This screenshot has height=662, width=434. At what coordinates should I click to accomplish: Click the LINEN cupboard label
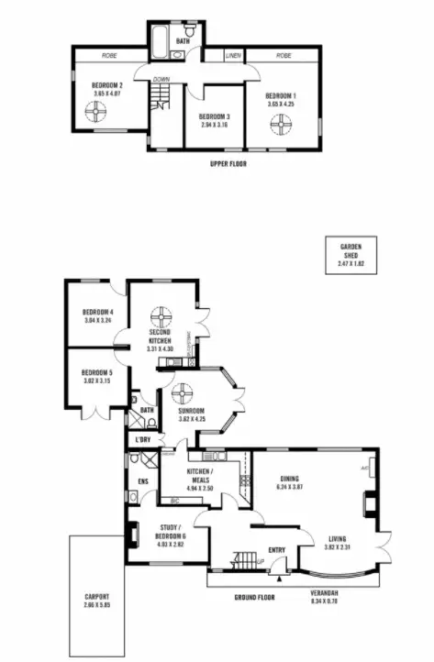[233, 56]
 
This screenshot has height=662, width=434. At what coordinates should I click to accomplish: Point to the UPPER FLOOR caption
[228, 164]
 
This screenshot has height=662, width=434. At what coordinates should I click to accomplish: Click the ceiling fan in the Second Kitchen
[161, 316]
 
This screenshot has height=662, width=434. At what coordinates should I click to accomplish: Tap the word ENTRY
[277, 550]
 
